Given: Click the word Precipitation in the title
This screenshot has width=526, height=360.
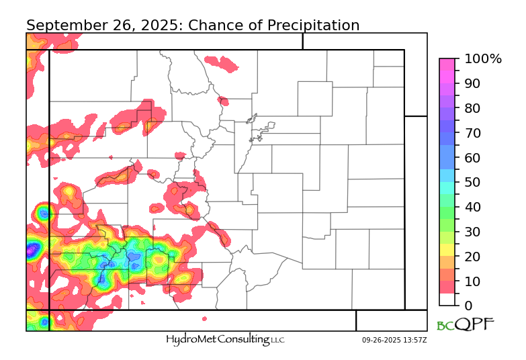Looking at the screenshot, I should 313,26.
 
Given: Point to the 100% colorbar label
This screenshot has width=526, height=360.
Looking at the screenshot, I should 482,59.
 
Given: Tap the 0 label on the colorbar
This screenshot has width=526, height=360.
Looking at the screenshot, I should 468,306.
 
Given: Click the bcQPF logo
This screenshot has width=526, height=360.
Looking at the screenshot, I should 465,325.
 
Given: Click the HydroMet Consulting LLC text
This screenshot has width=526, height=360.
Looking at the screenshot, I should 225,340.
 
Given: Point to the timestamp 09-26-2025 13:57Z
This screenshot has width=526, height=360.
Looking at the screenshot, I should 394,341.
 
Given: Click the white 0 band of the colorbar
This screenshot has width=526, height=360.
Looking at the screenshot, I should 448,300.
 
